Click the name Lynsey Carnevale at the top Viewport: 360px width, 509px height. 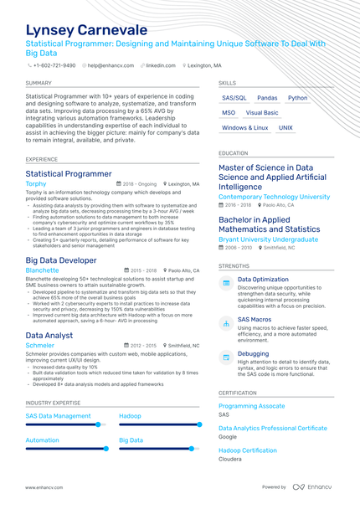pyautogui.click(x=86, y=30)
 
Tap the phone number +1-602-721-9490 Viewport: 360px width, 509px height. pyautogui.click(x=54, y=65)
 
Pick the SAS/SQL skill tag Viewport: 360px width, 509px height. pyautogui.click(x=234, y=98)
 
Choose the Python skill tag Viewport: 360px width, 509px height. pyautogui.click(x=297, y=98)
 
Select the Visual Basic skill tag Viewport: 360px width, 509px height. pyautogui.click(x=262, y=113)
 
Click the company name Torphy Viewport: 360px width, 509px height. pyautogui.click(x=36, y=183)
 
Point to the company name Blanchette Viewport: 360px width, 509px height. pyautogui.click(x=42, y=270)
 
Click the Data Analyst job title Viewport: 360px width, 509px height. pyautogui.click(x=49, y=335)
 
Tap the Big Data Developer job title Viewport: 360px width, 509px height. pyautogui.click(x=60, y=260)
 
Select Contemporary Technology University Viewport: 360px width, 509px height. pyautogui.click(x=274, y=197)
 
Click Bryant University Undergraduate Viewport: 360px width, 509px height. pyautogui.click(x=268, y=239)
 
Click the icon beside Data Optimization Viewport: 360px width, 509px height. pyautogui.click(x=226, y=284)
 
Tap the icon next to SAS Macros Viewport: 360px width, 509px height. pyautogui.click(x=226, y=323)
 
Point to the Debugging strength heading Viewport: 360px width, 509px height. pyautogui.click(x=253, y=354)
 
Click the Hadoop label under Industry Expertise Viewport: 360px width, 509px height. pyautogui.click(x=130, y=416)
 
